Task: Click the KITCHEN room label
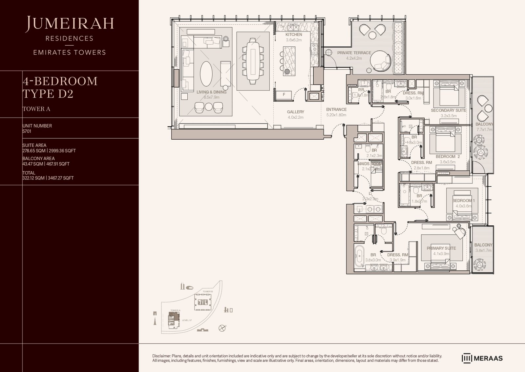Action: pyautogui.click(x=294, y=35)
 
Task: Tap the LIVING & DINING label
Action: pyautogui.click(x=211, y=92)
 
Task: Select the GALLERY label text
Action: pyautogui.click(x=295, y=112)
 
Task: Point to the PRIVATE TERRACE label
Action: pyautogui.click(x=354, y=53)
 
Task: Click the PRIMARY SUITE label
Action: pyautogui.click(x=441, y=248)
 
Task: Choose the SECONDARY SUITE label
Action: pyautogui.click(x=448, y=110)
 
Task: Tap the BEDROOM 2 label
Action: pyautogui.click(x=448, y=156)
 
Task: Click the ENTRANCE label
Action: pyautogui.click(x=336, y=109)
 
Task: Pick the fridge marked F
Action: pyautogui.click(x=284, y=95)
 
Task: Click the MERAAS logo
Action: pyautogui.click(x=482, y=358)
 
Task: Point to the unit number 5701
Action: pyautogui.click(x=27, y=131)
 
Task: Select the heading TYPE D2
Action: pyautogui.click(x=48, y=94)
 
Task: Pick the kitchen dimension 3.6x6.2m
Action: pyautogui.click(x=294, y=40)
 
